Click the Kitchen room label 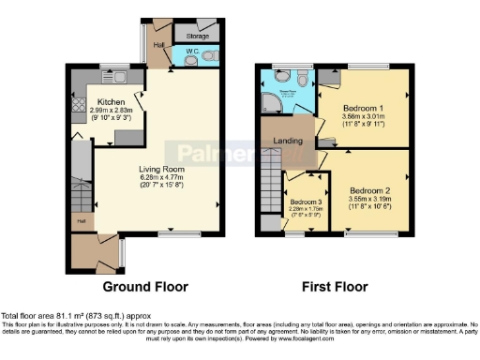pyautogui.click(x=112, y=101)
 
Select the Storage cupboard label pyautogui.click(x=197, y=37)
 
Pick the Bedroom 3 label pyautogui.click(x=305, y=202)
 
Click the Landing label pyautogui.click(x=286, y=142)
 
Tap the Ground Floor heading pyautogui.click(x=145, y=287)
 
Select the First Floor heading pyautogui.click(x=335, y=287)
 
